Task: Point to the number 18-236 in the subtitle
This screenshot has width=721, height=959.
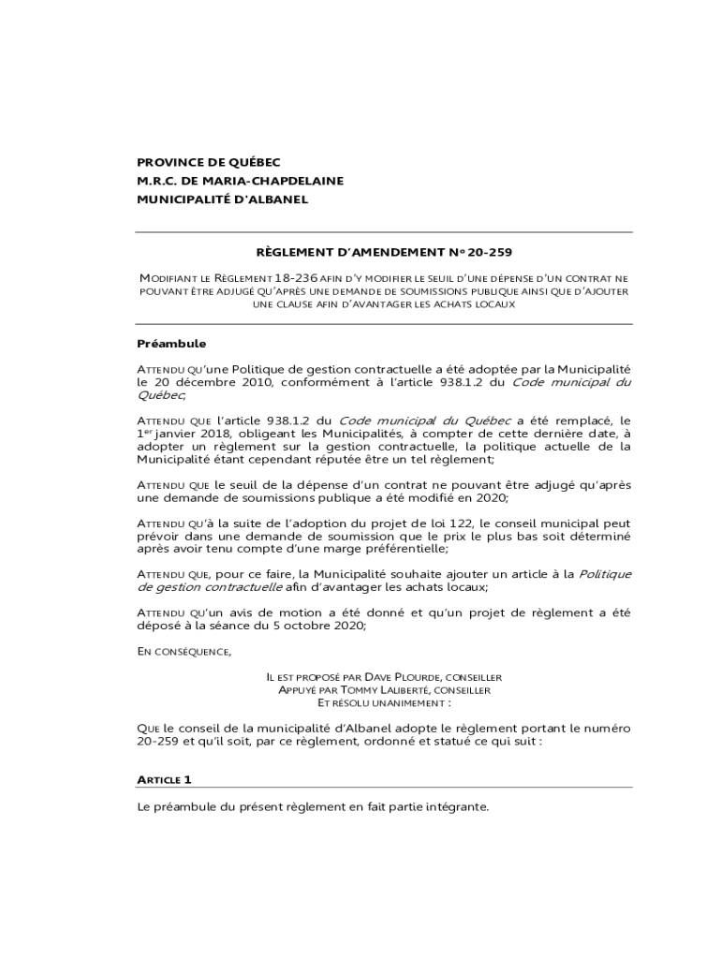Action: pyautogui.click(x=290, y=278)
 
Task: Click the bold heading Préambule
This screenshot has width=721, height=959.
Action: pyautogui.click(x=171, y=344)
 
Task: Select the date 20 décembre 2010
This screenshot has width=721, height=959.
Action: pyautogui.click(x=208, y=382)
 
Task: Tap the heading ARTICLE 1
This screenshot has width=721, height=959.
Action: pyautogui.click(x=164, y=779)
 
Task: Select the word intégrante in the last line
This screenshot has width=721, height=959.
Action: pyautogui.click(x=452, y=807)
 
